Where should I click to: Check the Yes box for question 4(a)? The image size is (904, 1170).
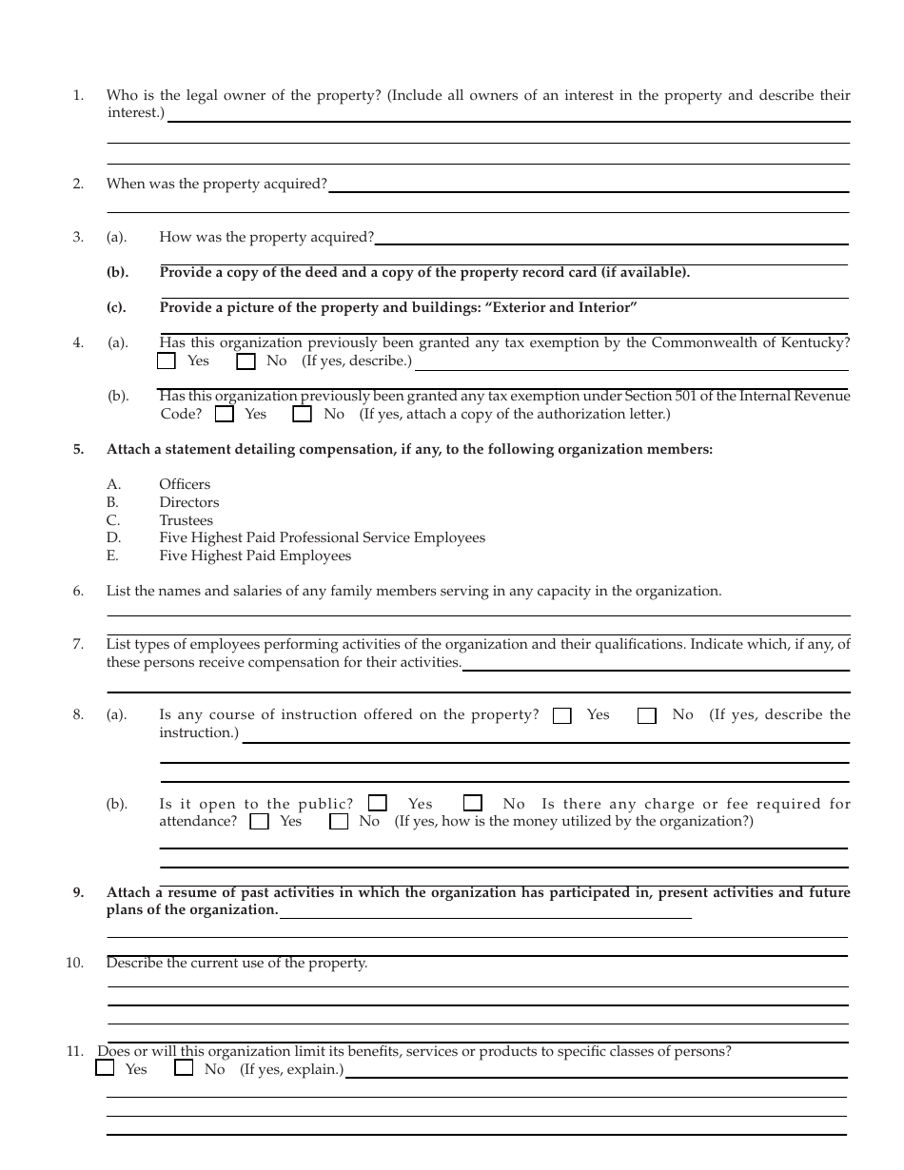click(x=167, y=361)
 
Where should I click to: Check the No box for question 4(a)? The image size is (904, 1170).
click(x=246, y=361)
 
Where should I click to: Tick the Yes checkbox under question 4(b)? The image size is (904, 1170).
click(x=225, y=415)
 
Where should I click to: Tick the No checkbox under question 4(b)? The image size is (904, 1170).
click(x=303, y=415)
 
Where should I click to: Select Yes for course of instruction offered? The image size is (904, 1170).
click(x=562, y=716)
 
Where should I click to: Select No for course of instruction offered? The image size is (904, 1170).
click(x=647, y=716)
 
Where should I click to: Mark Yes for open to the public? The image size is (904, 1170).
click(x=378, y=804)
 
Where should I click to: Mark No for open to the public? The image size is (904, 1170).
click(x=473, y=804)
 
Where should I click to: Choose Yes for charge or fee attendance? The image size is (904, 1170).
click(x=259, y=822)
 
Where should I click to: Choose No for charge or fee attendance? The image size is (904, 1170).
click(x=339, y=822)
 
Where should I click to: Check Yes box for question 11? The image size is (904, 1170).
click(x=105, y=1069)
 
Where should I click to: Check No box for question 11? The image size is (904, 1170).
click(x=184, y=1069)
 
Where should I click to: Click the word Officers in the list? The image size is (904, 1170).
click(x=185, y=484)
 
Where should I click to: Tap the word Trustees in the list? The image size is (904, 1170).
click(x=186, y=520)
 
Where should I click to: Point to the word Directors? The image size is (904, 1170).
click(x=188, y=502)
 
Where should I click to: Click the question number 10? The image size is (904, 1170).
click(x=74, y=963)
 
